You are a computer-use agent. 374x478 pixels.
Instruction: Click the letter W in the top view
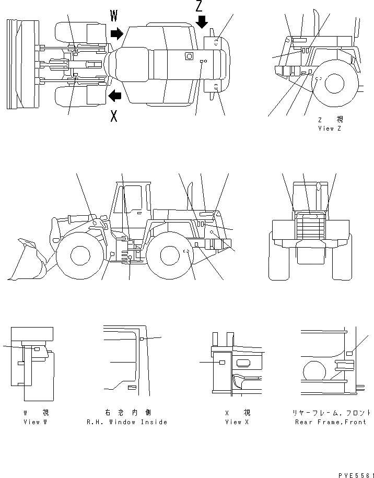coord(114,16)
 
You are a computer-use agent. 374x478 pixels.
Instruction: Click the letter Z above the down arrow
coord(200,6)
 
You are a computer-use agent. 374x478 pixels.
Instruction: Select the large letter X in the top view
coord(114,116)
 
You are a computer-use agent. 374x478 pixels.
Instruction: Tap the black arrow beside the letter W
coord(116,34)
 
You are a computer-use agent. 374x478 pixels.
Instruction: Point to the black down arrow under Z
coord(202,22)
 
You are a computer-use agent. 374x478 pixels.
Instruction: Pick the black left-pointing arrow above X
coord(114,96)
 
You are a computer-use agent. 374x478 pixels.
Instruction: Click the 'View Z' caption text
coord(329,129)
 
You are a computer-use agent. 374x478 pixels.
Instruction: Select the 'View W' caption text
coord(35,422)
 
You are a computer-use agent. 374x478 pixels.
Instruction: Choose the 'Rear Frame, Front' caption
coord(330,422)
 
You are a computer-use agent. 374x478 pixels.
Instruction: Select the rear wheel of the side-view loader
coord(170,255)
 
